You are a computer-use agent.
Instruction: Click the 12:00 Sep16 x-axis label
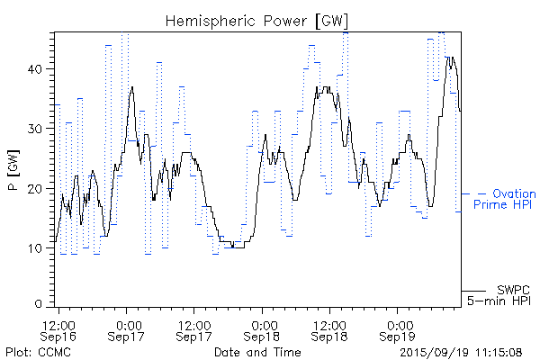coord(59,329)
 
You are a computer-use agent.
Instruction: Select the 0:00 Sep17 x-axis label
coord(128,329)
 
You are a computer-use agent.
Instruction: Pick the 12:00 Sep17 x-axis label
coord(194,329)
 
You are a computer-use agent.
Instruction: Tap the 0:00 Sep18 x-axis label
coord(263,329)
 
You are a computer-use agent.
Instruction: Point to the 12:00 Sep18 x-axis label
coord(329,329)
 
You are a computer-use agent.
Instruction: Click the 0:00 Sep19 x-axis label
coord(398,329)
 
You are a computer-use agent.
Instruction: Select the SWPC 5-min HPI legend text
coord(499,294)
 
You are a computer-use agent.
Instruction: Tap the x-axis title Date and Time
coord(256,351)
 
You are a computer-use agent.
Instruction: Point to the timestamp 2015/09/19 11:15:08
coord(462,351)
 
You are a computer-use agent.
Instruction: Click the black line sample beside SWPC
coord(473,290)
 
